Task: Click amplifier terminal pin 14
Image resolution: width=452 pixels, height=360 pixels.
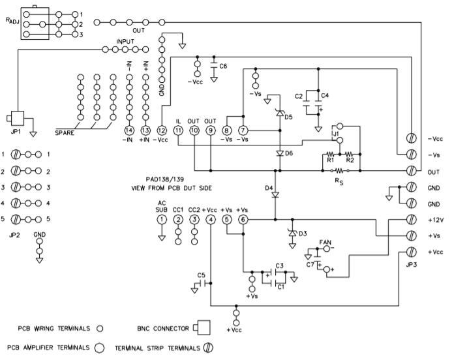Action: [129, 130]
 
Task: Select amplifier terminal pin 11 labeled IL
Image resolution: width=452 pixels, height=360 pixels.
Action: [178, 130]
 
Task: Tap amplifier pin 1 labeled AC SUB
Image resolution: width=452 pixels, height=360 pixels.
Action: [162, 220]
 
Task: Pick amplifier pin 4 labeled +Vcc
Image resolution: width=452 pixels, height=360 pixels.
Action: [211, 220]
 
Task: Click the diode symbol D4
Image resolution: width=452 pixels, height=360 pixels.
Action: [275, 195]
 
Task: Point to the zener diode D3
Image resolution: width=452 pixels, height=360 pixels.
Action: [293, 233]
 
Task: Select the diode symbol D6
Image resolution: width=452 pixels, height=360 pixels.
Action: [280, 154]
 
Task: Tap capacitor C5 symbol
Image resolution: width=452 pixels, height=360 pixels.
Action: [203, 283]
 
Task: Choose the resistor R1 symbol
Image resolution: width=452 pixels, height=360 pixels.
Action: [330, 154]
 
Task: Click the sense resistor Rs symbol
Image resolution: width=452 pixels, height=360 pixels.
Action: [340, 171]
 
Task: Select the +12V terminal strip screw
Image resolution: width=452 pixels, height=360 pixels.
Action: [412, 220]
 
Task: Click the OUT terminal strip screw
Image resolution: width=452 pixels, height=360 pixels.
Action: [412, 171]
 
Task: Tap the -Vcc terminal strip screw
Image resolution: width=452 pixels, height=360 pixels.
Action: [412, 138]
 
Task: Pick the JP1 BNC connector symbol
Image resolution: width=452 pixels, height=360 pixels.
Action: [16, 118]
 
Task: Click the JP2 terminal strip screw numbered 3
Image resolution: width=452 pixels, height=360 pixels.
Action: [16, 187]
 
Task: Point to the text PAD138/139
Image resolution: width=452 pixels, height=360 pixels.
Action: [165, 179]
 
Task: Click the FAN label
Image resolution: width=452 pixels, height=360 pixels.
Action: [325, 242]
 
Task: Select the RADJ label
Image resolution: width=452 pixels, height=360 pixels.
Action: [12, 21]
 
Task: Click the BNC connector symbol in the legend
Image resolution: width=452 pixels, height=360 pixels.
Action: [202, 328]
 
